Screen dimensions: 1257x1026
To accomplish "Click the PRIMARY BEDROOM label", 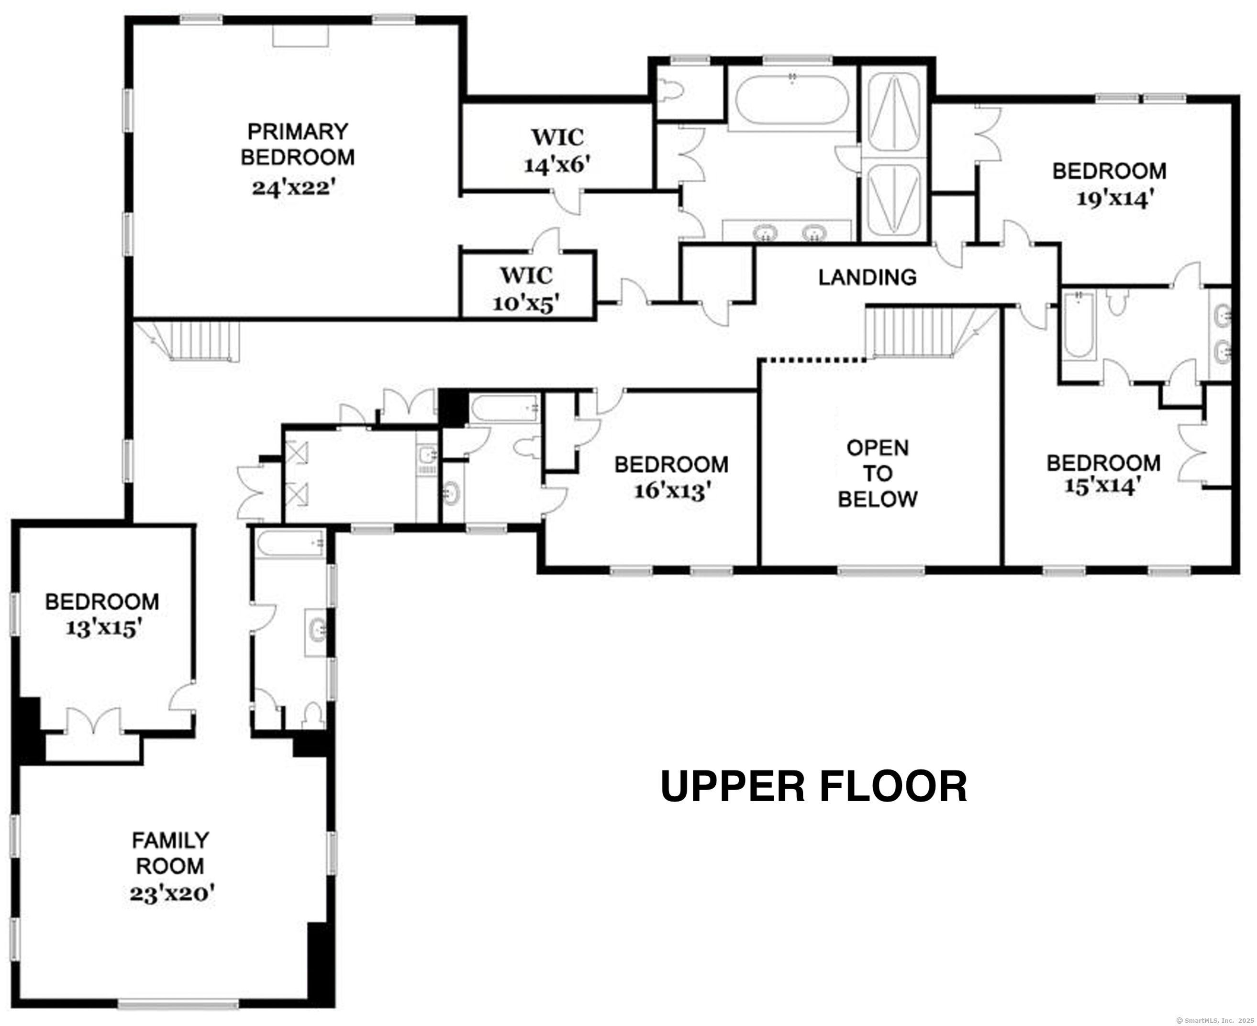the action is click(298, 144).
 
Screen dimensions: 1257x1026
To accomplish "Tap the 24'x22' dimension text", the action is click(294, 188).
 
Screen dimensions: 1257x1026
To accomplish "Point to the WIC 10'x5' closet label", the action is click(526, 289).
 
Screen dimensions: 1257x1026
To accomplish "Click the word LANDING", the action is click(867, 277).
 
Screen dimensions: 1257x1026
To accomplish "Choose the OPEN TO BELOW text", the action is click(878, 473).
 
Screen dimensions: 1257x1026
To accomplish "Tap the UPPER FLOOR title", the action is click(813, 787).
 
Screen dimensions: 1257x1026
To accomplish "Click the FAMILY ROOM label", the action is click(170, 853).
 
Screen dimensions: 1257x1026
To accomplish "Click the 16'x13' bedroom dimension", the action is click(672, 491).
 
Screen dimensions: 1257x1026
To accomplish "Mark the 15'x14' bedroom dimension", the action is click(1102, 486).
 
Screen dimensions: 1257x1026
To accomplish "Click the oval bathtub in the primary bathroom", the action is click(792, 99).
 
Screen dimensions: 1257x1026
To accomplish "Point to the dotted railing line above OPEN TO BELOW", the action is click(813, 359).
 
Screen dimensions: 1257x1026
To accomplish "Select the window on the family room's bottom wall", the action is click(178, 1004).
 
